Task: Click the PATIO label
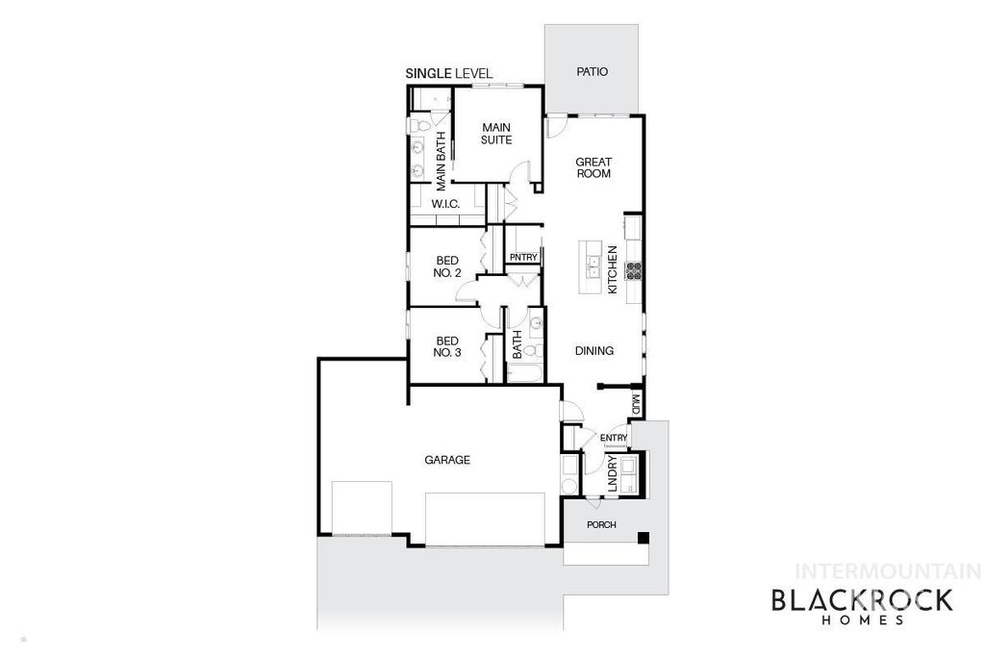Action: [x=592, y=72]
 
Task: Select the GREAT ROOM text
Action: [x=594, y=167]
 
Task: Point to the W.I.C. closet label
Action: [x=444, y=204]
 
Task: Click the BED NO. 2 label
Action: [x=448, y=266]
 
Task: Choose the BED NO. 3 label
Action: [x=448, y=346]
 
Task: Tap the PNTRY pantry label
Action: [x=523, y=257]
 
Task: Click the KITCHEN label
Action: [x=611, y=269]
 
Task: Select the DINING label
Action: [x=594, y=351]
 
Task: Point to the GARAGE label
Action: [x=447, y=460]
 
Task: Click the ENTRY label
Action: [x=614, y=439]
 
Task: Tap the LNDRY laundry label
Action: [x=613, y=478]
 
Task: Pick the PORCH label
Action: [x=601, y=524]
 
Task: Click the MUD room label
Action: [x=636, y=404]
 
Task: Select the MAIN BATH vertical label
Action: [x=441, y=160]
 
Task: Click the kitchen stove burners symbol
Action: [x=634, y=270]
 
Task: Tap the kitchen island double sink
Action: [x=594, y=261]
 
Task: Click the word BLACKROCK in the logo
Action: [x=862, y=600]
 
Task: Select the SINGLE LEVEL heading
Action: [x=449, y=73]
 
